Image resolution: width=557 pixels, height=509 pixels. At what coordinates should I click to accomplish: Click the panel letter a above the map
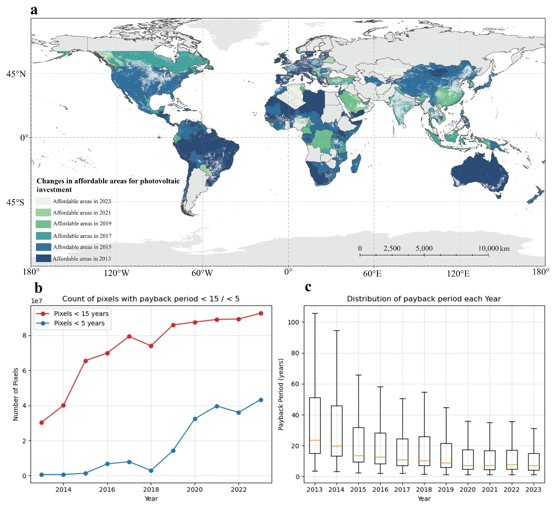point(34,10)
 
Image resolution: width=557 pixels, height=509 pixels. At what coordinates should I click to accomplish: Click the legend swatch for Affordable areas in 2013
point(43,258)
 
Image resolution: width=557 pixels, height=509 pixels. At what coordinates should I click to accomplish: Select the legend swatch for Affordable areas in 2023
point(43,201)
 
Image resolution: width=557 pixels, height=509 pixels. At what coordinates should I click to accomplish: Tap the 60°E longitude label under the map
point(372,273)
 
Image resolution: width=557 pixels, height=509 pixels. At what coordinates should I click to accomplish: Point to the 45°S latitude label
point(16,202)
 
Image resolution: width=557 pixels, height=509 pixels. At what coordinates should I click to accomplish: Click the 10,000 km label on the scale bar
point(494,248)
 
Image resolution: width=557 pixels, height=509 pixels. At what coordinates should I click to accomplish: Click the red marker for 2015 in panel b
point(86,361)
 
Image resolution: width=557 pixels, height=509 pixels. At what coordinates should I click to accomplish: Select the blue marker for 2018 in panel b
point(151,470)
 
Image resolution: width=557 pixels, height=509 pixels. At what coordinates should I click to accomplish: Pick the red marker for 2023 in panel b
point(261,313)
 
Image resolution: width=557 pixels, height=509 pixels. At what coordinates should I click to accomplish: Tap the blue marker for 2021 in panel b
point(217,406)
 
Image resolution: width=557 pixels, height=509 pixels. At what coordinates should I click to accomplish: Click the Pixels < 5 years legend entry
point(79,323)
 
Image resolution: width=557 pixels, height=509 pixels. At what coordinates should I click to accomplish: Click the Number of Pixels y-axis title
point(16,394)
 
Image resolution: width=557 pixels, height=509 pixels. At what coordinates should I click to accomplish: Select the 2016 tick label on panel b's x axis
point(107,490)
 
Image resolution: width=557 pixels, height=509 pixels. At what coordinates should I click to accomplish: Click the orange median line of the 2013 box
point(315,440)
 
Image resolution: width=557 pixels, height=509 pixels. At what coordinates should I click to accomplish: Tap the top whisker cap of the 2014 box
point(336,330)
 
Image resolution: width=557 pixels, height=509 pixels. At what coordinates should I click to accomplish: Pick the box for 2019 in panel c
point(446,455)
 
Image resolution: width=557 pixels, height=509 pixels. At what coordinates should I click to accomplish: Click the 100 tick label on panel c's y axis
point(293,322)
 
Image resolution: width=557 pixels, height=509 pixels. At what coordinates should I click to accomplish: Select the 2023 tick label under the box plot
point(533,490)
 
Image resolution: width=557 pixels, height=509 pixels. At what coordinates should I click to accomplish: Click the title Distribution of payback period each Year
point(424,299)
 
